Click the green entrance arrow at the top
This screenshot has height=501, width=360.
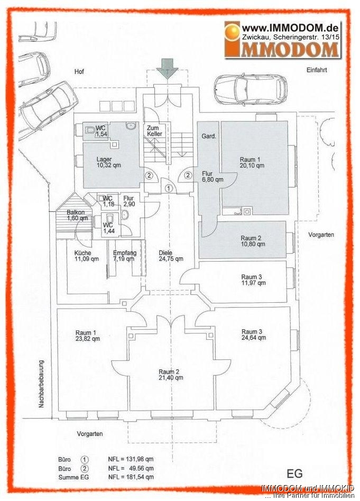(167, 69)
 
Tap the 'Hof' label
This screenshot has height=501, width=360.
(79, 71)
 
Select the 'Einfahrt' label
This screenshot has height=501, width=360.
(317, 70)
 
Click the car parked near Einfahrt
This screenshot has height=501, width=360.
(251, 89)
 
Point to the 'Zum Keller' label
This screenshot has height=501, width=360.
(155, 131)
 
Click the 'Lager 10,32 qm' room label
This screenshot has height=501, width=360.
(105, 162)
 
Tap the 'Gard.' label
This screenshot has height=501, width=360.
(209, 136)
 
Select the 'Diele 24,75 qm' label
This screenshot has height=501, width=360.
(171, 256)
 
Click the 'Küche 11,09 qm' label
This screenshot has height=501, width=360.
(87, 256)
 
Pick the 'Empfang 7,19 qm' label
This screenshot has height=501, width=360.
(125, 256)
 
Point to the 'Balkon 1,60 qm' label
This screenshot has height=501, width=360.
(77, 215)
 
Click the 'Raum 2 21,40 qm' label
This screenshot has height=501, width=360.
(171, 375)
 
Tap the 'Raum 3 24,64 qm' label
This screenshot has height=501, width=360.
(254, 335)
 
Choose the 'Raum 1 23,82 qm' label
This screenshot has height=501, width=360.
(88, 336)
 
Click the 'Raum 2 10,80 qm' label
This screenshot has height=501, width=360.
(253, 241)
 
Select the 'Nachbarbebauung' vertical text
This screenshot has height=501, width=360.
(41, 384)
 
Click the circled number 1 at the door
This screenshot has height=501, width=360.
(169, 188)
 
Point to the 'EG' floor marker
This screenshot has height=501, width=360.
(294, 473)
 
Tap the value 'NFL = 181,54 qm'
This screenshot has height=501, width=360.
(131, 477)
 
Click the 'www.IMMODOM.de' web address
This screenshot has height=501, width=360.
(290, 28)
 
